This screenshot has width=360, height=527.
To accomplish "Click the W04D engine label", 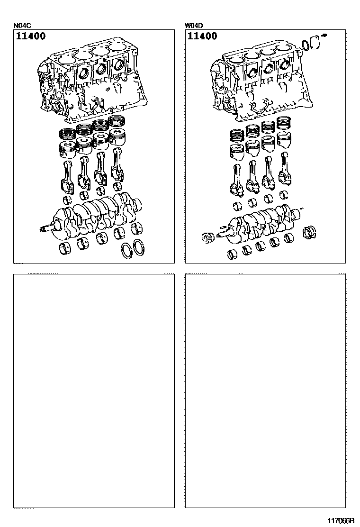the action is [194, 25].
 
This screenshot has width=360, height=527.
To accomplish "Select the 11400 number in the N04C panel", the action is [31, 36].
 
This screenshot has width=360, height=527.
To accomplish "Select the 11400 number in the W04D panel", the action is [202, 36].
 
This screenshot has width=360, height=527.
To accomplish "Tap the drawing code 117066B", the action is [341, 521].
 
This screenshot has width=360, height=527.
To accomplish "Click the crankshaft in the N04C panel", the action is [90, 215].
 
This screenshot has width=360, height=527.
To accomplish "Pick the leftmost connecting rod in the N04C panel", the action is [67, 176].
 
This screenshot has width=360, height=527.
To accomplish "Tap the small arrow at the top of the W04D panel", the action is [324, 35].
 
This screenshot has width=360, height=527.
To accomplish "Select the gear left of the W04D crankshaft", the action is [208, 237].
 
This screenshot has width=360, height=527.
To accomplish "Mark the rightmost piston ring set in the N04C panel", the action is [117, 121].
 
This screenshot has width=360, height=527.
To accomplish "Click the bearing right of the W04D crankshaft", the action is [309, 233].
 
